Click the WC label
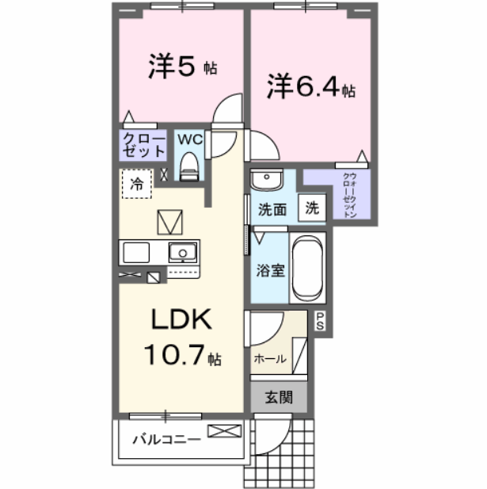[189, 139]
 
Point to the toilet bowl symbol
[188, 164]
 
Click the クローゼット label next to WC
[144, 145]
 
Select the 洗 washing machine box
[313, 208]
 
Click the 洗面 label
[272, 210]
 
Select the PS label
[321, 320]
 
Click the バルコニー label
[165, 437]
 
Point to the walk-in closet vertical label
[348, 193]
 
